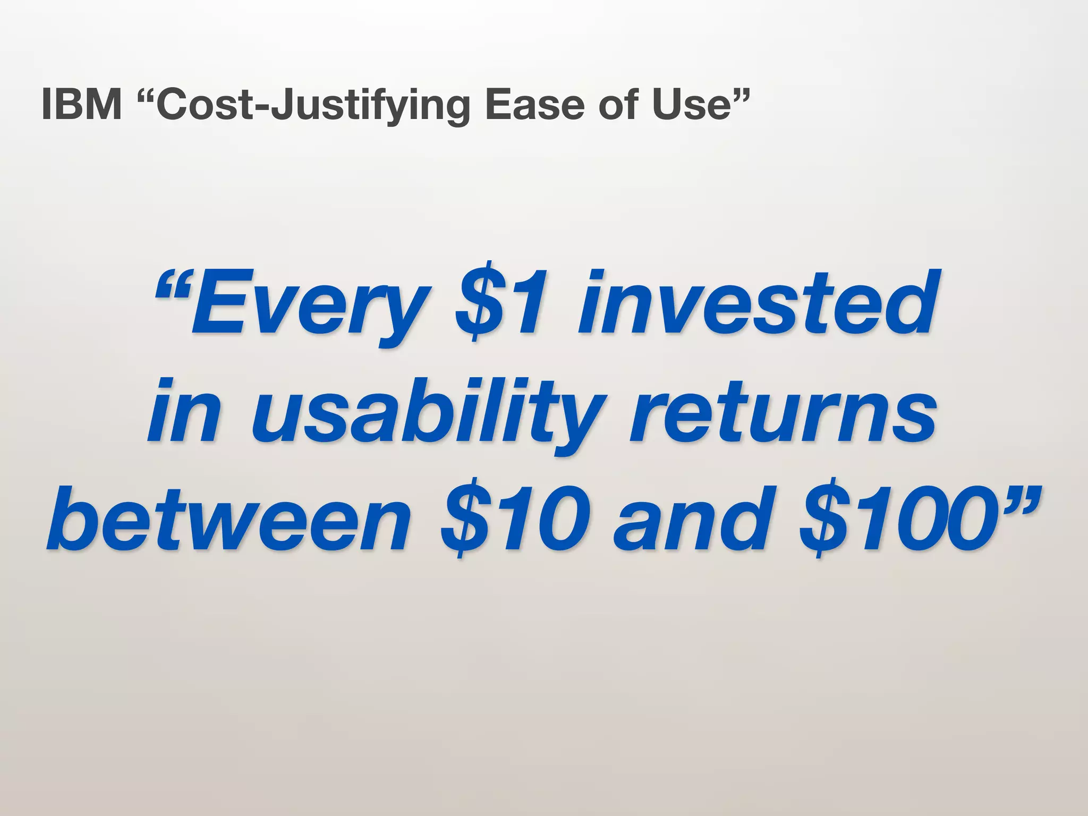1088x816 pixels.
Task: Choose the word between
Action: point(228,518)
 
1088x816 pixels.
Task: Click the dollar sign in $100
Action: point(826,518)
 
